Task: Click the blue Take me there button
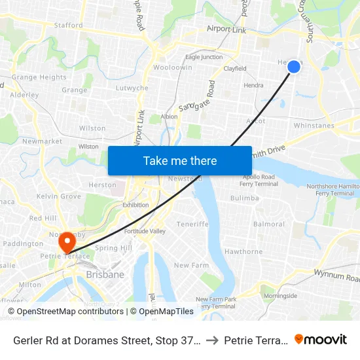coord(179,160)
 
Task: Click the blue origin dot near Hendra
coord(294,66)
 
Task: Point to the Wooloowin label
coord(172,67)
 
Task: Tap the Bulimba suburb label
coord(245,198)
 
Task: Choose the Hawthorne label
coord(243,251)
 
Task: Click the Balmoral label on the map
coord(268,224)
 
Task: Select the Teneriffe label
coord(192,224)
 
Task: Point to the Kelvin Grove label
coord(59,196)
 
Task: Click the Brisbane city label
coord(105,275)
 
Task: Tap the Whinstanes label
coord(314,126)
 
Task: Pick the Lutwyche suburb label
coord(132,88)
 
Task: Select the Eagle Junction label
coord(204,58)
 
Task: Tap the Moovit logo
coord(321,340)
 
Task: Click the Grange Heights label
coord(39,77)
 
